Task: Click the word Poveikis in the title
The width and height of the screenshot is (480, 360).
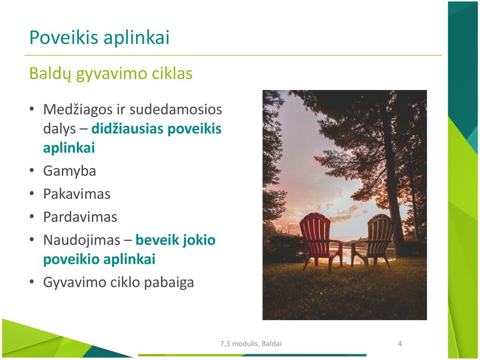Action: coord(64,37)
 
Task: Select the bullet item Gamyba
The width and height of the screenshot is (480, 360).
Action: coord(69,171)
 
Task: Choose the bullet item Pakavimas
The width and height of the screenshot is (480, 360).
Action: coord(76,194)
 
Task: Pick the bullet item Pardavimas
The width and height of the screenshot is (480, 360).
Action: coord(80,217)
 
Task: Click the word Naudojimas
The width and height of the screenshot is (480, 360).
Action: coord(82,240)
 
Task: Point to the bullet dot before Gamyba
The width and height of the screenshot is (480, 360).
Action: coord(32,171)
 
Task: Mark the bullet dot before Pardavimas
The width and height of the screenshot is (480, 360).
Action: coord(32,217)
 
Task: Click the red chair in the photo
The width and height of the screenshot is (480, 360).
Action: coord(320,240)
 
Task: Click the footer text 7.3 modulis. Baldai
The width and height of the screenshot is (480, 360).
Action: coord(251,344)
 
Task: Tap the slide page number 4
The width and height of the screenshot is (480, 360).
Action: coord(399,344)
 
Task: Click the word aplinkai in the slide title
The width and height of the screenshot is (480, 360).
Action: coord(136,38)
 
